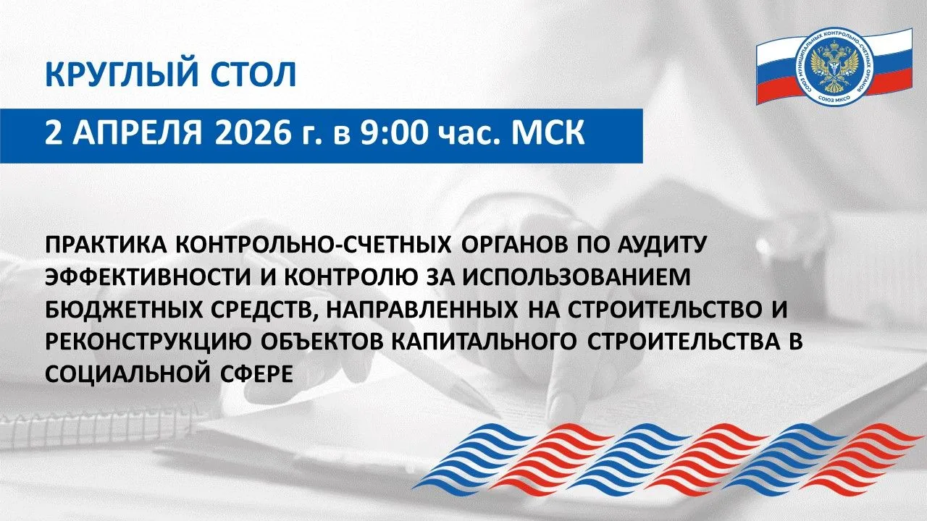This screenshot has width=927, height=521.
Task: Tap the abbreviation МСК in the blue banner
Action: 548,133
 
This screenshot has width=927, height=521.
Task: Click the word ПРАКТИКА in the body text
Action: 106,245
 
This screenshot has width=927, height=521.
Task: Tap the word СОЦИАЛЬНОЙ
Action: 125,375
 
